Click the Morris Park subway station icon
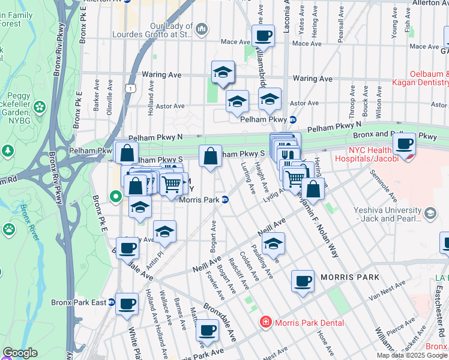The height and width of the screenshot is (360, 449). [x=224, y=200]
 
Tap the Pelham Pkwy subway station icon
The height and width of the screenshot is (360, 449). [x=293, y=119]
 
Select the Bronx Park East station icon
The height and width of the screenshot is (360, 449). [x=112, y=302]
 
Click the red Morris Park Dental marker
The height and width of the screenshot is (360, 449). [x=265, y=323]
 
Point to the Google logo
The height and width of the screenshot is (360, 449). [x=20, y=353]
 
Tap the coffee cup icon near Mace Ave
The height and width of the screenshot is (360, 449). [x=263, y=36]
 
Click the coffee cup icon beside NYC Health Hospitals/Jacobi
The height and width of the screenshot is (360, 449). [x=405, y=144]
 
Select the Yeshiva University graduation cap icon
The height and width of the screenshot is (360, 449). [x=430, y=213]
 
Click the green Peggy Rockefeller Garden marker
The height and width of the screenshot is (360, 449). [x=40, y=107]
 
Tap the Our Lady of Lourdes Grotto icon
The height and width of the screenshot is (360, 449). [x=202, y=28]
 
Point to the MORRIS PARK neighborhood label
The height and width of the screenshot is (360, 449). [x=350, y=277]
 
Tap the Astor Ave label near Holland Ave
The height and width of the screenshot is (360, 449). [x=170, y=106]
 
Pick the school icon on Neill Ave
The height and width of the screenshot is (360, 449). [x=273, y=244]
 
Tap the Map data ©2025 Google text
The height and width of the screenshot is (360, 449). [x=411, y=355]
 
